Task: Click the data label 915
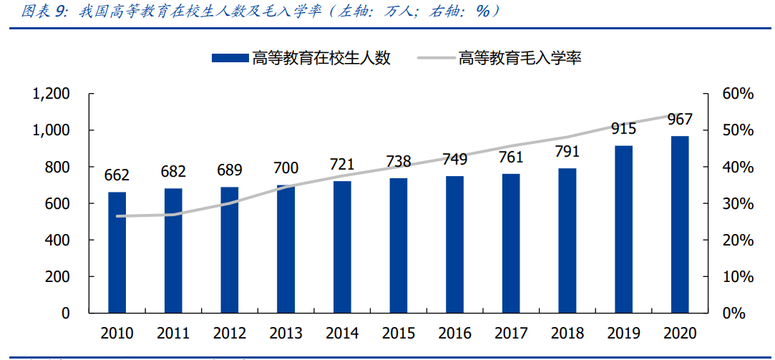pyautogui.click(x=623, y=129)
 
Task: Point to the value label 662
pyautogui.click(x=117, y=175)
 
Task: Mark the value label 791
pyautogui.click(x=567, y=152)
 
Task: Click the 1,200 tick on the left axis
pyautogui.click(x=51, y=94)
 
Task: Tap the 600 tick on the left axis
pyautogui.click(x=57, y=204)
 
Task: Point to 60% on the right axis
pyautogui.click(x=737, y=94)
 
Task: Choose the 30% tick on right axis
pyautogui.click(x=737, y=204)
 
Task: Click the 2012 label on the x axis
pyautogui.click(x=230, y=334)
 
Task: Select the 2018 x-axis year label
pyautogui.click(x=567, y=334)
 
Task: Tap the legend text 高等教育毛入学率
pyautogui.click(x=520, y=59)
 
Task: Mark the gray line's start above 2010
pyautogui.click(x=117, y=216)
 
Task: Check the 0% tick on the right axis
pyautogui.click(x=733, y=313)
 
